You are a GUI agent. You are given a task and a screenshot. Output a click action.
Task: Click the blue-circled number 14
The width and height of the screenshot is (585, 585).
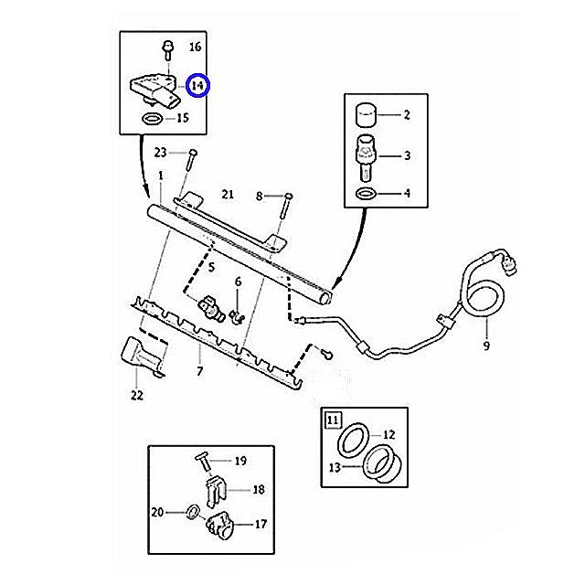[198, 86]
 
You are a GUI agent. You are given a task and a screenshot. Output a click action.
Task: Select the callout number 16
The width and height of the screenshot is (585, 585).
[196, 47]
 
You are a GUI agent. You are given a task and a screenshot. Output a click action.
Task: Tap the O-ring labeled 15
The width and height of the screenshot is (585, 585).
[153, 119]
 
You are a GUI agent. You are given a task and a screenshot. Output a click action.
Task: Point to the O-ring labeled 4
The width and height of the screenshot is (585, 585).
[366, 195]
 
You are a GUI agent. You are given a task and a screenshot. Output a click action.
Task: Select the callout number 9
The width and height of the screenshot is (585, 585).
[486, 346]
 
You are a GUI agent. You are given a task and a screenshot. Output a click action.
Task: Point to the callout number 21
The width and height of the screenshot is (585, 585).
[228, 194]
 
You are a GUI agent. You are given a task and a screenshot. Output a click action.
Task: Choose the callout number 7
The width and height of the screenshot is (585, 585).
[200, 372]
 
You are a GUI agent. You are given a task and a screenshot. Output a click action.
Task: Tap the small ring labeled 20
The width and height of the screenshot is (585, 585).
[193, 512]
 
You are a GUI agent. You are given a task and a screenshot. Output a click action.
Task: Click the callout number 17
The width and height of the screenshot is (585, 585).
[261, 524]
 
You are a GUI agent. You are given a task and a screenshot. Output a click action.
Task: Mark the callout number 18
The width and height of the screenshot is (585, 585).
[259, 490]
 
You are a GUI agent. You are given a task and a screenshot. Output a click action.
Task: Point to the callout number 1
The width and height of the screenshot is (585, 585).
[160, 175]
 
